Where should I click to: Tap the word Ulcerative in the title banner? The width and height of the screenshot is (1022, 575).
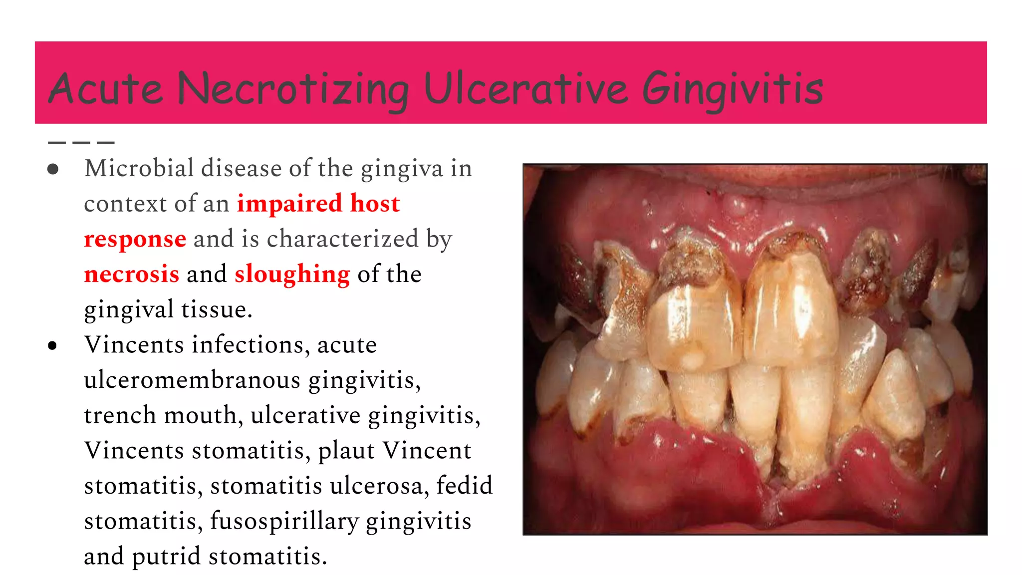(526, 89)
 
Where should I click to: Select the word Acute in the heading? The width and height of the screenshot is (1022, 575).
(106, 89)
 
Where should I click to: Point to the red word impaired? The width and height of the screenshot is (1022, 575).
(289, 204)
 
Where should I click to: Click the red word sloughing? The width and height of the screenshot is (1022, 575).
(292, 275)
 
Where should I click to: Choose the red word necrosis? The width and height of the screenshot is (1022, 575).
(131, 275)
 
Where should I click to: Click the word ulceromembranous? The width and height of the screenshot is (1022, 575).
(192, 380)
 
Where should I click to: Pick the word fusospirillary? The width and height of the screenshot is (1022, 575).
(284, 521)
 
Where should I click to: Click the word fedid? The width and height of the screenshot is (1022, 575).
(464, 486)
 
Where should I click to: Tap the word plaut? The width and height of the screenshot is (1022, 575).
(346, 451)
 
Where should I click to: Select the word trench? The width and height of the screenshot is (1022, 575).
(120, 415)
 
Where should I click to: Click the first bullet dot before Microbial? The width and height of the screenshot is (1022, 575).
(53, 169)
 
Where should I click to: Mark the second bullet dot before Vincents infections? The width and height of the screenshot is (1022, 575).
(53, 345)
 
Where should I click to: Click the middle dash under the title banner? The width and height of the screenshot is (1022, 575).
(81, 143)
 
